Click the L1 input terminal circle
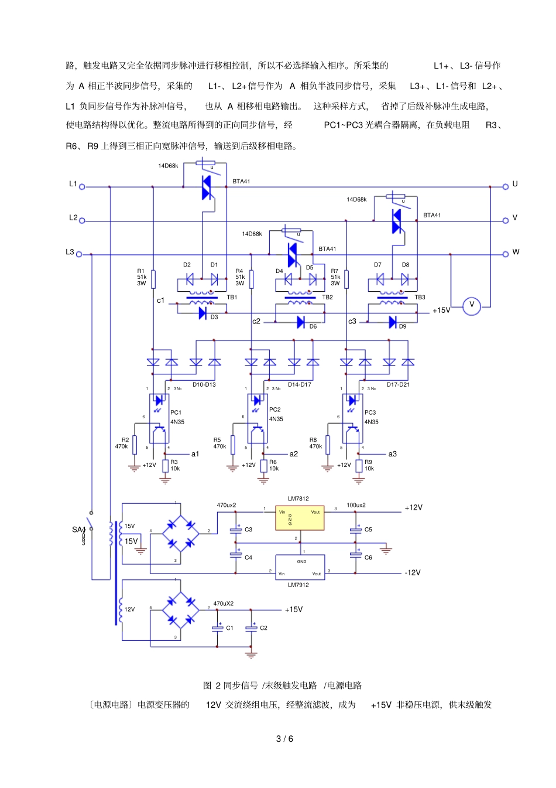tap(82, 187)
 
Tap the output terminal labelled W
tap(506, 254)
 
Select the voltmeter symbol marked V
tap(472, 306)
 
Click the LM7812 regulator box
tap(299, 518)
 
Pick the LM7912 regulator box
tap(300, 568)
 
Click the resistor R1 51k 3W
tap(153, 279)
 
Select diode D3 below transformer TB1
tap(203, 313)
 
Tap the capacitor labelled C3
tap(236, 530)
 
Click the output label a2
tap(294, 454)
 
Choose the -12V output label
tap(413, 572)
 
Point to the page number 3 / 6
tap(284, 739)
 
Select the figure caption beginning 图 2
tap(282, 685)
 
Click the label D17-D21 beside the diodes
tap(398, 385)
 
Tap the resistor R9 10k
tap(359, 466)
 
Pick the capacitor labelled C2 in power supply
tap(252, 628)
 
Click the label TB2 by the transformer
tap(327, 298)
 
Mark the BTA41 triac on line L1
tap(207, 187)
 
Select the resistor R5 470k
tap(233, 445)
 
